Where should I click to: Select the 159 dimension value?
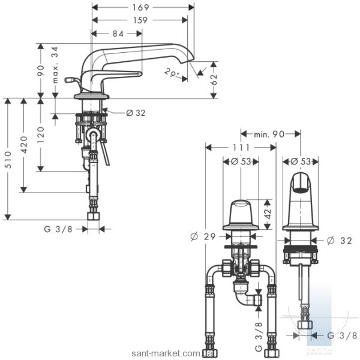point(140,20)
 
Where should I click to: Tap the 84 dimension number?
point(118,34)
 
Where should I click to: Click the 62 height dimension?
point(214,80)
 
